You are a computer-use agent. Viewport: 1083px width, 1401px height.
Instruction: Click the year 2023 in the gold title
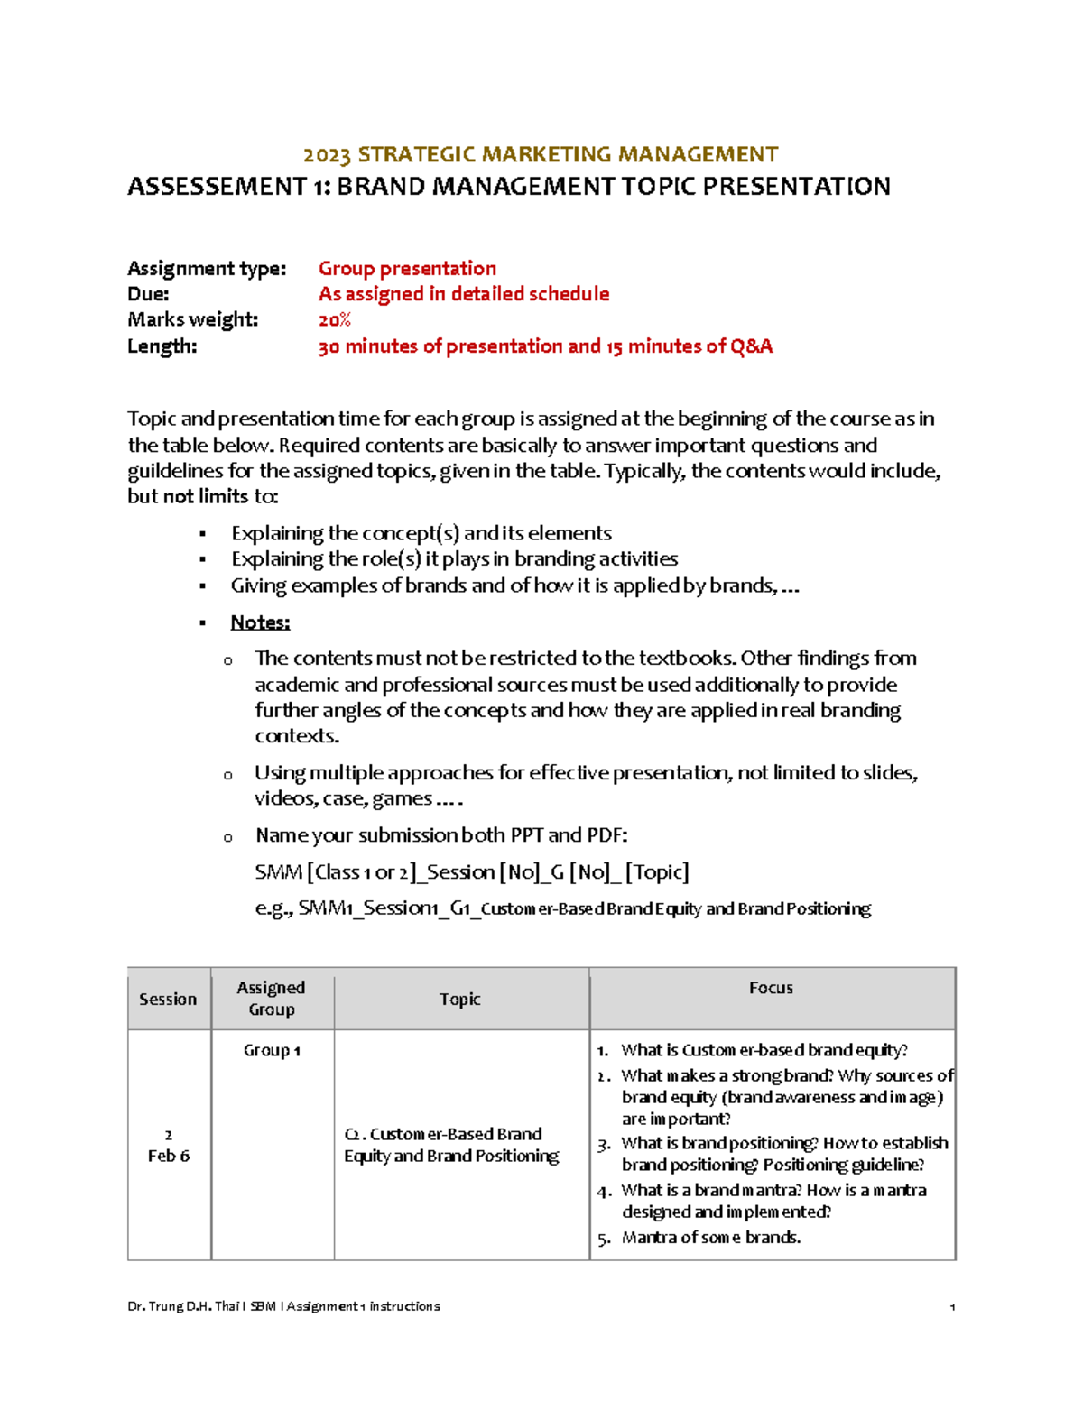tap(327, 155)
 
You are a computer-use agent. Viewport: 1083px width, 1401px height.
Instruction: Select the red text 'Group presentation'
tap(407, 269)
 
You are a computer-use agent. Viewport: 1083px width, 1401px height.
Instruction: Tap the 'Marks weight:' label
tap(192, 319)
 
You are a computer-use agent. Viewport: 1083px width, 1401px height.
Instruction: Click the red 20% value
tap(334, 320)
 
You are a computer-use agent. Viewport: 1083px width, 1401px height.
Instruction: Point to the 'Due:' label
tap(148, 294)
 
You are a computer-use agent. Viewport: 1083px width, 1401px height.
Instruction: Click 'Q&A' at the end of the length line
tap(752, 346)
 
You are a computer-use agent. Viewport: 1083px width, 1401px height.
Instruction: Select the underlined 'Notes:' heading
tap(260, 622)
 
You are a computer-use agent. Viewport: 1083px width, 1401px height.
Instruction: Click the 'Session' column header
tap(168, 999)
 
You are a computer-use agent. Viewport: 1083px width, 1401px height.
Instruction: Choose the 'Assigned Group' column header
tap(271, 999)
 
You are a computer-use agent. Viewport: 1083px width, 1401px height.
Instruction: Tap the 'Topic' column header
tap(459, 999)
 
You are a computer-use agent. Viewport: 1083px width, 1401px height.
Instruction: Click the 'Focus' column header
tap(771, 988)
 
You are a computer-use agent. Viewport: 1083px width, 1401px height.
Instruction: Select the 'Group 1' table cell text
tap(272, 1050)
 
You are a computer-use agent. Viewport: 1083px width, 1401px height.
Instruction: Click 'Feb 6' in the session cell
tap(169, 1156)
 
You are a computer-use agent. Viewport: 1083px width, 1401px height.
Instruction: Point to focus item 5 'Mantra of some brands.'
tap(710, 1238)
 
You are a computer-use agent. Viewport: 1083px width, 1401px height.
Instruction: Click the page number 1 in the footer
tap(952, 1306)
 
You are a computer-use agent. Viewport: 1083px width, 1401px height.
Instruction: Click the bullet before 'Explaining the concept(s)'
tap(203, 535)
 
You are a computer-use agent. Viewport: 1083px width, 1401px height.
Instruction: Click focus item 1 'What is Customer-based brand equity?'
tap(764, 1050)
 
